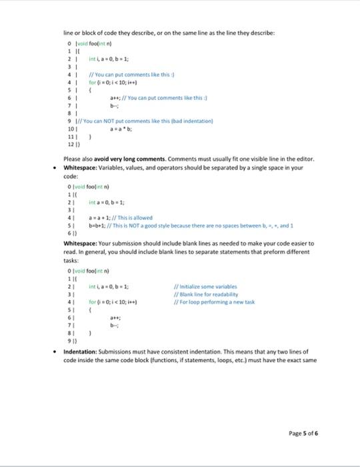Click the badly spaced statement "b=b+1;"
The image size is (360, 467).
(x=98, y=224)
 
